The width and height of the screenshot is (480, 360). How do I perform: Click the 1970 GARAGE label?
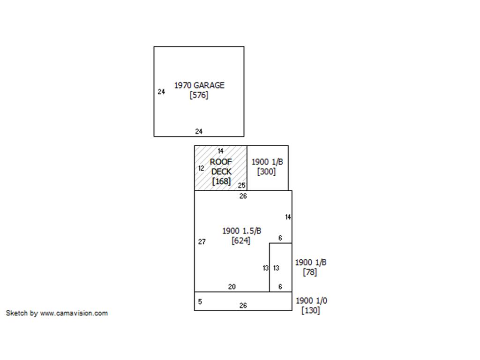pyautogui.click(x=199, y=85)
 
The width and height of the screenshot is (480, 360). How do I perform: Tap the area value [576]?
pyautogui.click(x=199, y=95)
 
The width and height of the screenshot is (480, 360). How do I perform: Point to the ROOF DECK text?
pyautogui.click(x=221, y=166)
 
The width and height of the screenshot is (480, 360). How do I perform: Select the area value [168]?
pyautogui.click(x=221, y=181)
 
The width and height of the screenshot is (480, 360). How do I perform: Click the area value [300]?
pyautogui.click(x=266, y=172)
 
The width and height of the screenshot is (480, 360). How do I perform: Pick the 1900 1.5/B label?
pyautogui.click(x=241, y=231)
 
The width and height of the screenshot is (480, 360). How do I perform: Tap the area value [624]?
pyautogui.click(x=241, y=240)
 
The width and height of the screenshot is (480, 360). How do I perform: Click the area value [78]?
pyautogui.click(x=310, y=272)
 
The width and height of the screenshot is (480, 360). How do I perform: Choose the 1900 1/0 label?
pyautogui.click(x=311, y=300)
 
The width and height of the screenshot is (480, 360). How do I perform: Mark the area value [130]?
pyautogui.click(x=310, y=310)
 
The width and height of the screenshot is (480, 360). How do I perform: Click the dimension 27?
pyautogui.click(x=202, y=242)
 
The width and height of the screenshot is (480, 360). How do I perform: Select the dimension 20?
pyautogui.click(x=232, y=287)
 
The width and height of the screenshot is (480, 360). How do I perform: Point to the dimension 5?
pyautogui.click(x=200, y=301)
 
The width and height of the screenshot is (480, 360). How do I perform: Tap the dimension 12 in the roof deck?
pyautogui.click(x=201, y=168)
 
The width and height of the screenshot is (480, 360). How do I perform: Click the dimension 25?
pyautogui.click(x=241, y=185)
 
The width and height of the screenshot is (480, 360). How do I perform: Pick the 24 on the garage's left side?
pyautogui.click(x=161, y=92)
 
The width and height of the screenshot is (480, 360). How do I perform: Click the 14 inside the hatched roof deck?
pyautogui.click(x=220, y=151)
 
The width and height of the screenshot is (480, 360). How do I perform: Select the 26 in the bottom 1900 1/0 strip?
pyautogui.click(x=243, y=306)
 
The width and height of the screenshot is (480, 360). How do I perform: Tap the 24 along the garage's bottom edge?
pyautogui.click(x=199, y=132)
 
